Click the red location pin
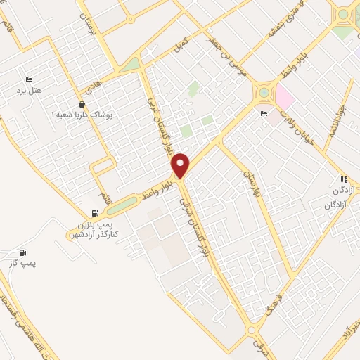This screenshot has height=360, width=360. tap(181, 165)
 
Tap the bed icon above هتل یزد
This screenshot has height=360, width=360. tap(29, 79)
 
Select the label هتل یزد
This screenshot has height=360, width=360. tap(29, 91)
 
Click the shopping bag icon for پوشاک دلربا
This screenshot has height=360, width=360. tap(82, 103)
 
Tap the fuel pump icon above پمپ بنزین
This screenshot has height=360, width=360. tap(95, 213)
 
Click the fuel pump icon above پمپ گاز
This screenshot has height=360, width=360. tap(23, 252)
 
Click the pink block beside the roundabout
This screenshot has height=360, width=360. tap(285, 95)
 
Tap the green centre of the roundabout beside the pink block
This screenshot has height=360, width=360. tap(264, 91)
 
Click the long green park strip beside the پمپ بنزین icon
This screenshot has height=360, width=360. tap(124, 205)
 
